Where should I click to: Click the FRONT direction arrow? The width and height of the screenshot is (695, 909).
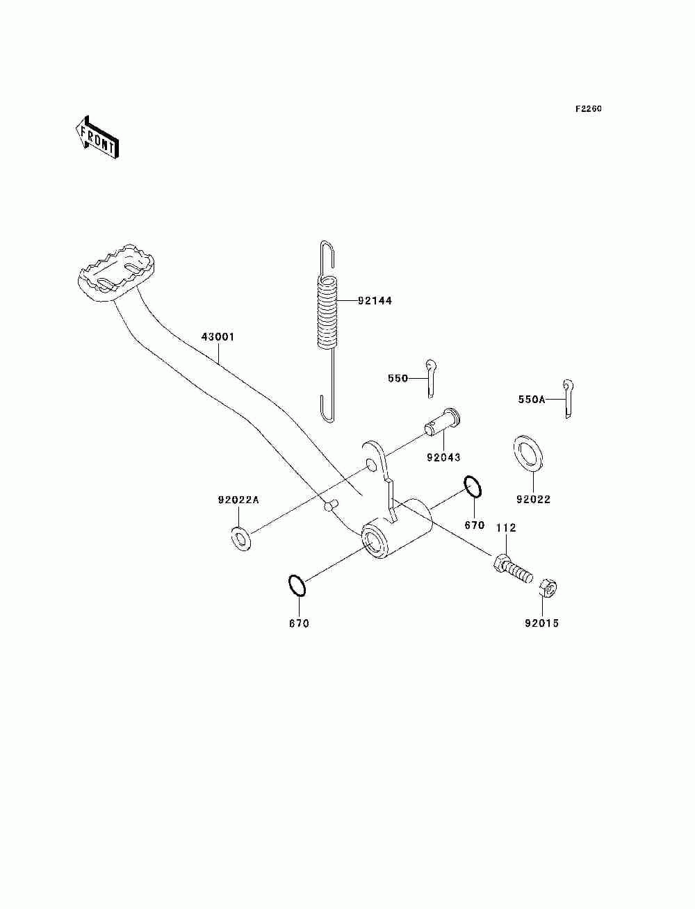[x=97, y=138]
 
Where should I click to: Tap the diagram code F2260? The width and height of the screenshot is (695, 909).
[x=588, y=109]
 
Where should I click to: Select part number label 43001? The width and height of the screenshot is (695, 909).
[x=218, y=337]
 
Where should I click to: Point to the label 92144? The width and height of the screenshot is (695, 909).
[x=375, y=301]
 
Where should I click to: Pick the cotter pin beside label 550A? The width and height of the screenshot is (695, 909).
[x=569, y=399]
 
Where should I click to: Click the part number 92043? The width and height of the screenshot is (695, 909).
[x=443, y=458]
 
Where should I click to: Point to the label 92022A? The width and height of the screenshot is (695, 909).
[x=238, y=500]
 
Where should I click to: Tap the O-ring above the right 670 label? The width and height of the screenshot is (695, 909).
[x=472, y=487]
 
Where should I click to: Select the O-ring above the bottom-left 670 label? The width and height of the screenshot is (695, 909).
[x=297, y=585]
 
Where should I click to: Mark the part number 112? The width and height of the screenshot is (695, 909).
[x=506, y=528]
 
